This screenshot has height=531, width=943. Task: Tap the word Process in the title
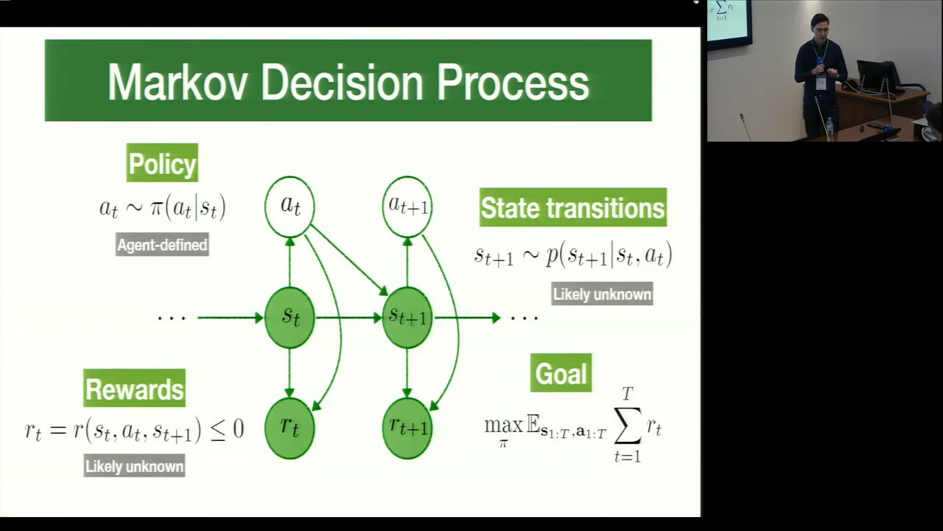point(513,83)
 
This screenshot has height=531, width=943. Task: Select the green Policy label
point(162,163)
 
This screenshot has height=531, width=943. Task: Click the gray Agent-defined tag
point(162,244)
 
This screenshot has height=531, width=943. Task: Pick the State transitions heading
point(573,207)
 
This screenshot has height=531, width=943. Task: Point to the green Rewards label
point(134,388)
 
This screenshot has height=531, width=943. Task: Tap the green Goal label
point(561,373)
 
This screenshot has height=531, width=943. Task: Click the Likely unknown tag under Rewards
point(134,465)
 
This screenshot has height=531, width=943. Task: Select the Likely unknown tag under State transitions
point(602,294)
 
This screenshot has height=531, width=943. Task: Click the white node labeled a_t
point(290,206)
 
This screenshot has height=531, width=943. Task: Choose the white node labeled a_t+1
point(407,206)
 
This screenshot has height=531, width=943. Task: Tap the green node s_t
point(290,318)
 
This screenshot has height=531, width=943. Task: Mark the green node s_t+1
point(407,318)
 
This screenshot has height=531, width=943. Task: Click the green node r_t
point(290,428)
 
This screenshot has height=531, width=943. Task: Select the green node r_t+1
point(407,428)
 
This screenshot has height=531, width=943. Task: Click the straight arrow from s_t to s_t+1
point(348,318)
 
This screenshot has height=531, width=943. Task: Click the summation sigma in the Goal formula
point(627,426)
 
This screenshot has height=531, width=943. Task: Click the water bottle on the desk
point(830,128)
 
